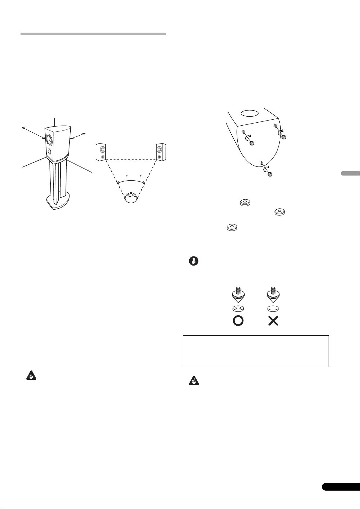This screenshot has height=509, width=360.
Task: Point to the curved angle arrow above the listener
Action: pos(131,181)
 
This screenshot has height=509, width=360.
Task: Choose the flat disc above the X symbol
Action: pos(273,308)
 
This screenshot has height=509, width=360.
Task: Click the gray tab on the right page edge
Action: pos(350,173)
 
